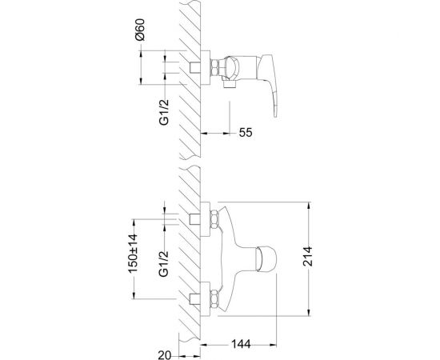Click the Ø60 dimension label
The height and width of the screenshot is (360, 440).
[139, 30]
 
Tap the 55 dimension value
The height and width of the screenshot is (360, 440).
[246, 133]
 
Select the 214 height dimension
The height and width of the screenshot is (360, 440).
[307, 256]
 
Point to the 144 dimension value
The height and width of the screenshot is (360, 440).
[241, 344]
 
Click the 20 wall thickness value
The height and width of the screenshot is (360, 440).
[165, 355]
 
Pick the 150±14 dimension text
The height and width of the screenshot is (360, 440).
[133, 254]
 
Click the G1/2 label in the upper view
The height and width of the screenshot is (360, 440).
[164, 112]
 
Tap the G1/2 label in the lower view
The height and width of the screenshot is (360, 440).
[164, 264]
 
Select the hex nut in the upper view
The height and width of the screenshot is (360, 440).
[214, 67]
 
